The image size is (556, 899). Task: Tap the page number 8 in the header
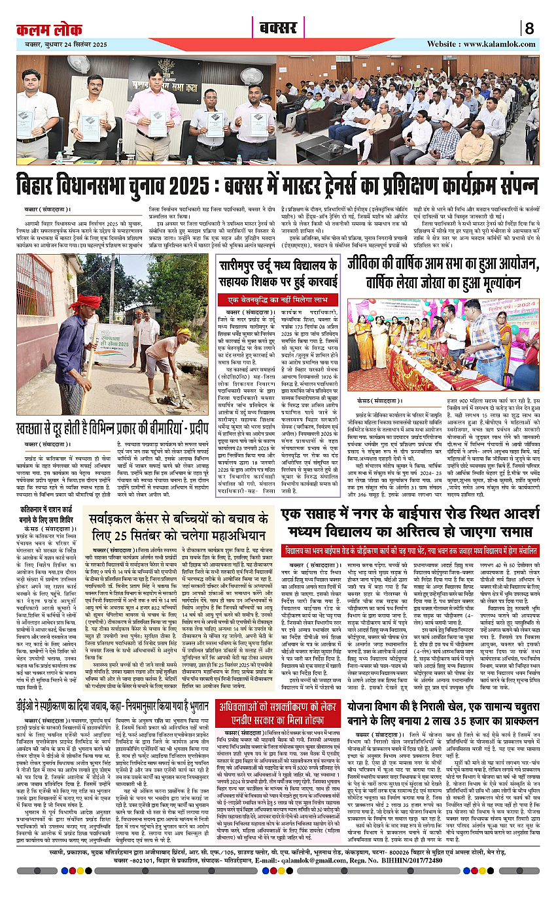pos(529,28)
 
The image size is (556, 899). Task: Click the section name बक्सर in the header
pos(278,28)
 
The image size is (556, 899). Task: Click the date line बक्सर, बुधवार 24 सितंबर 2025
pos(62,44)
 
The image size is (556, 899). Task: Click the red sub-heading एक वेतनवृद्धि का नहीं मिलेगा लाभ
pos(278,299)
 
